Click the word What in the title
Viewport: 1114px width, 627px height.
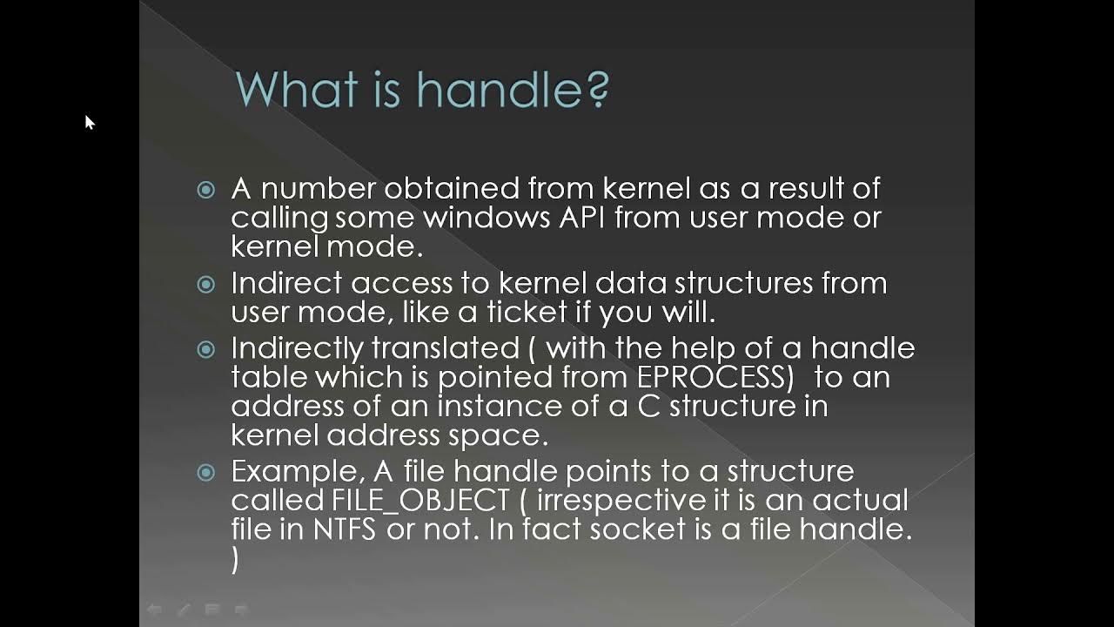coord(297,90)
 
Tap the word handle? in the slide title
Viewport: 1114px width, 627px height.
coord(513,90)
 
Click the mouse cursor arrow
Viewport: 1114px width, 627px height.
coord(89,122)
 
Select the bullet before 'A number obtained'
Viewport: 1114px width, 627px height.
coord(206,190)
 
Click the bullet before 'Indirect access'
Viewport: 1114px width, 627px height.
coord(206,284)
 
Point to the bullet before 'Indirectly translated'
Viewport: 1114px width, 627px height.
coord(206,350)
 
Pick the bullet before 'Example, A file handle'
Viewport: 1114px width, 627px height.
coord(206,473)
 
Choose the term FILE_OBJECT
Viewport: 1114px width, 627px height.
coord(420,501)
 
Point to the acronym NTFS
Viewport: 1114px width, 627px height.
coord(345,529)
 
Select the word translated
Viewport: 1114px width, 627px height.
coord(445,348)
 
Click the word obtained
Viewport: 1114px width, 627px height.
coord(452,188)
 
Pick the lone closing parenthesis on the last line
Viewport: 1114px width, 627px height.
coord(235,560)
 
